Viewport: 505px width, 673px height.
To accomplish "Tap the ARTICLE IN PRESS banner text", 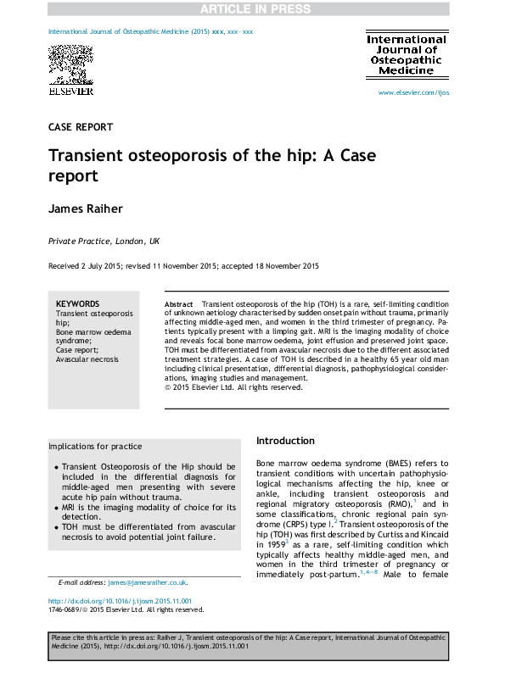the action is [x=252, y=8].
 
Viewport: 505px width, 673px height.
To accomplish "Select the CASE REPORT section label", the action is [x=81, y=127].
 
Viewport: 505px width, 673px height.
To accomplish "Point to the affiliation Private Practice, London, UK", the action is [x=104, y=242].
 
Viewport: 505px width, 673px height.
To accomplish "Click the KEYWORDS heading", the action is [x=77, y=303].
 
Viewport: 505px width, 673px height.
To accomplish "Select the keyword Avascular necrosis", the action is [x=87, y=359].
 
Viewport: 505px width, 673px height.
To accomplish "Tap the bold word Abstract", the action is [x=178, y=303].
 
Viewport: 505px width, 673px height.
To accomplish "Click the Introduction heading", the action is [x=285, y=441].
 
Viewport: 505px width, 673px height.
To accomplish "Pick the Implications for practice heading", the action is [x=95, y=447].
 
